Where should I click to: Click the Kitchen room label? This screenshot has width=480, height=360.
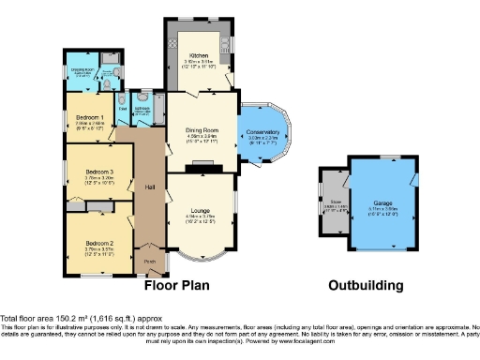(x=198, y=55)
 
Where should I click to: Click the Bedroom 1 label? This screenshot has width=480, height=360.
(x=90, y=117)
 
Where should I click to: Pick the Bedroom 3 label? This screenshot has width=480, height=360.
(x=98, y=172)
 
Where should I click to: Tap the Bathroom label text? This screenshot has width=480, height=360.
(x=142, y=109)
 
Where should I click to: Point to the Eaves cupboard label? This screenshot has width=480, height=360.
(x=123, y=109)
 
